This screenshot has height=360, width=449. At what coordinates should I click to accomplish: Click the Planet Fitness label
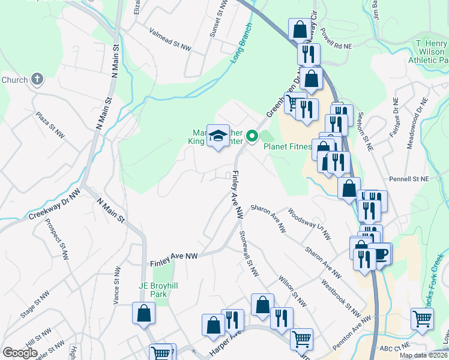(289, 145)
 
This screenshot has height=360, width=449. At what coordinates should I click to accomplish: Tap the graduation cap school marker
(218, 136)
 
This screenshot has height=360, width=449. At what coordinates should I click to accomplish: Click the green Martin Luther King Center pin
(252, 137)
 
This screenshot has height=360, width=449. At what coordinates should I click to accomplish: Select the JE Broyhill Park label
(143, 290)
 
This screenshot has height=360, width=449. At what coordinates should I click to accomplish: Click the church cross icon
(37, 79)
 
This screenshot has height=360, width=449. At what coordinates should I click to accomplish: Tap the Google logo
(20, 353)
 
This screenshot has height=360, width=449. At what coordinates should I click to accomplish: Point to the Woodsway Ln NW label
(309, 224)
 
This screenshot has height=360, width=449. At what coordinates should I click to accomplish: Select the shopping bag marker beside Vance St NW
(144, 313)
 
